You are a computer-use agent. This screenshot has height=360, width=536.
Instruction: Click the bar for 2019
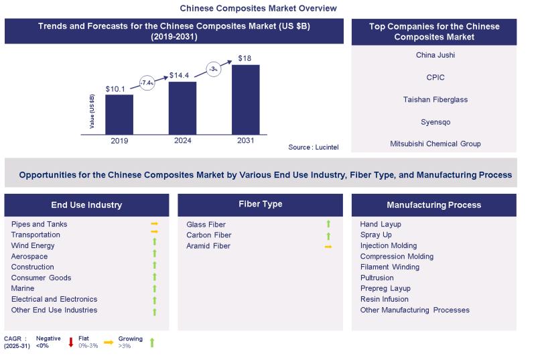tap(119, 114)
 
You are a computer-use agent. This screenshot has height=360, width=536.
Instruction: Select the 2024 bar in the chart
tap(182, 108)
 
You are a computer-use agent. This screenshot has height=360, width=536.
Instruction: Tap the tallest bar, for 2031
tap(245, 99)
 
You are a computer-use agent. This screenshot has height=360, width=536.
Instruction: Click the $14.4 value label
tap(182, 75)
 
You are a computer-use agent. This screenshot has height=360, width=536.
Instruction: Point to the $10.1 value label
tap(118, 88)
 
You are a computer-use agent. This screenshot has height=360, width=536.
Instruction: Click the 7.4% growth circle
tap(147, 82)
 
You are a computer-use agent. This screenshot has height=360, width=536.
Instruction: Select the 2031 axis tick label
tap(245, 141)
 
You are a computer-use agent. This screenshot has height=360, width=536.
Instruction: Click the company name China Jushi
tap(434, 55)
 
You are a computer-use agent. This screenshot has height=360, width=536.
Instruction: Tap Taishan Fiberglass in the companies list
tap(434, 99)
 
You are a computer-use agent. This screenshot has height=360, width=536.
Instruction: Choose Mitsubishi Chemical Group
tap(434, 143)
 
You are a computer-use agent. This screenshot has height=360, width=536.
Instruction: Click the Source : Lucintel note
tap(314, 147)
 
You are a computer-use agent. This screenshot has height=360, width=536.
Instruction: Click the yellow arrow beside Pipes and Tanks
tap(154, 224)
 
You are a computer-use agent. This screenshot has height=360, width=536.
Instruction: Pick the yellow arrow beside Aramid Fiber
tap(328, 247)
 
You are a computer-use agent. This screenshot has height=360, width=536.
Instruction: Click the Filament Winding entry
tap(389, 267)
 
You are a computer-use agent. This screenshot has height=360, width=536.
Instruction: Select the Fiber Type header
tap(260, 204)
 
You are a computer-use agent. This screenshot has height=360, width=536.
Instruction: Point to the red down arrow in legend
tap(70, 343)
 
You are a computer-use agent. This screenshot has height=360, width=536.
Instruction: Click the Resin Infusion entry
tap(384, 299)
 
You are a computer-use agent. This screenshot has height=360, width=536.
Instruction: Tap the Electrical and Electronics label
tap(54, 299)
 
